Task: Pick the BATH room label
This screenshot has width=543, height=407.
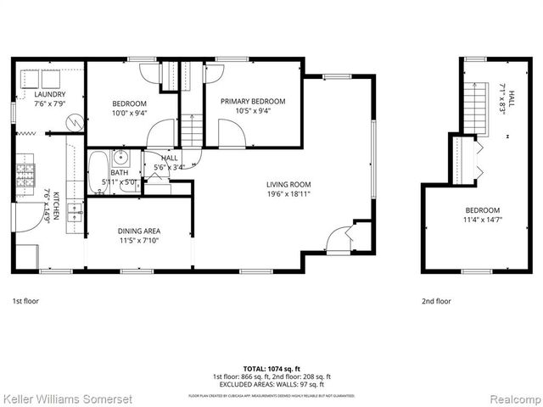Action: point(118,173)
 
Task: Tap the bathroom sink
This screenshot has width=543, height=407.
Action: point(121,157)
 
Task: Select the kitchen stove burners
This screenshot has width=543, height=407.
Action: point(26,172)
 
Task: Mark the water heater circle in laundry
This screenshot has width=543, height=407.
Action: point(76,123)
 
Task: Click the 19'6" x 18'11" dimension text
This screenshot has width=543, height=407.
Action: point(288,193)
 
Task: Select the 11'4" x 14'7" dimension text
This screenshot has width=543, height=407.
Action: point(482,220)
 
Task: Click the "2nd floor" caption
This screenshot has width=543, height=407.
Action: point(436,301)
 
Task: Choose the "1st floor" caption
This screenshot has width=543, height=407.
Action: point(25,301)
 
